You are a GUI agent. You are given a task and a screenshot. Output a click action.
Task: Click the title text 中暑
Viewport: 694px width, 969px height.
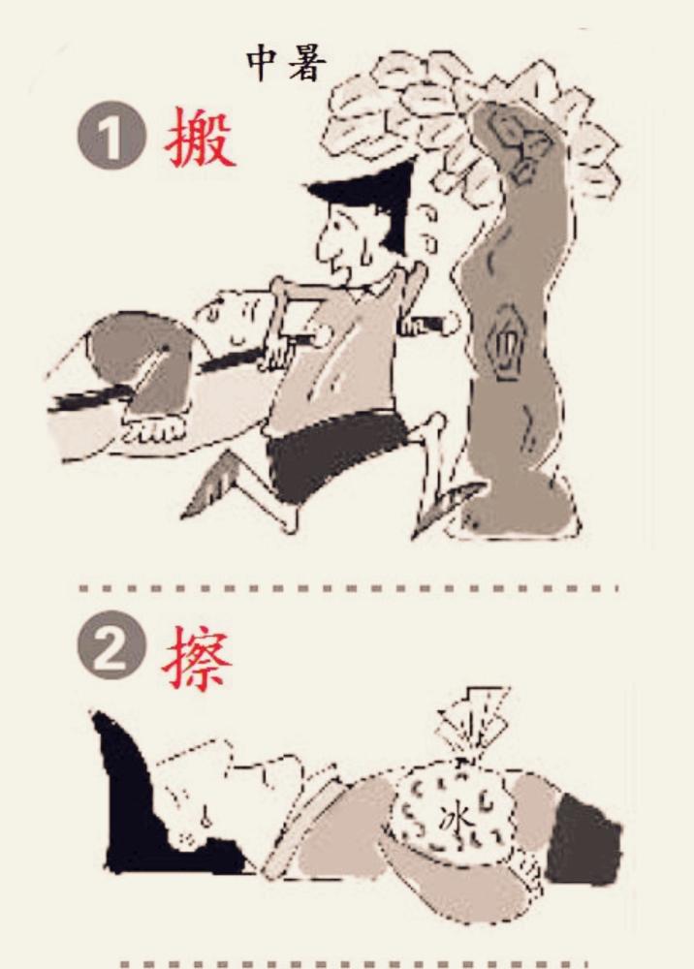tap(286, 64)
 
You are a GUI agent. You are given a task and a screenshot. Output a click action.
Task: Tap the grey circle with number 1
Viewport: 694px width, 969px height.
tap(111, 136)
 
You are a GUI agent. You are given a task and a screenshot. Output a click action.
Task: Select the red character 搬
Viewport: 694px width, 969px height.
tap(200, 137)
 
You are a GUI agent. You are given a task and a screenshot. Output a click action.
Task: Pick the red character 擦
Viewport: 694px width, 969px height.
tap(197, 657)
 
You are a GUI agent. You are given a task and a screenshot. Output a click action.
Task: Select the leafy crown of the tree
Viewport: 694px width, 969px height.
tap(470, 124)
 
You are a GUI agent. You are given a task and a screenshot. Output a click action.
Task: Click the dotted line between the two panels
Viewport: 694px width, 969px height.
tap(349, 588)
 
